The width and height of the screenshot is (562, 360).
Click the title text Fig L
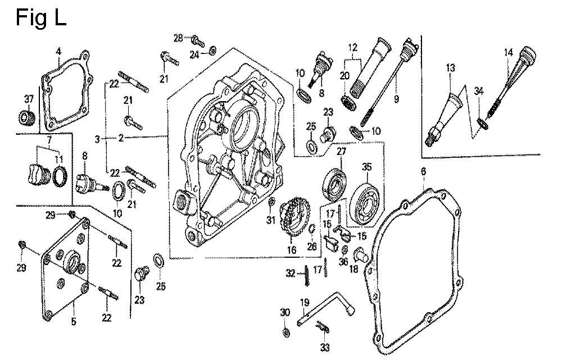point(40,18)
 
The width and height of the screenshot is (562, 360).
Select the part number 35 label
point(367,167)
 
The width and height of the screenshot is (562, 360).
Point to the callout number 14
point(508,53)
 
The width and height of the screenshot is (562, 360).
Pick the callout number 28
point(178,38)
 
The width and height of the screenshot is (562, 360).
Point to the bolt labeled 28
point(197,40)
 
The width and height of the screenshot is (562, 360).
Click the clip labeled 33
point(324,328)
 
